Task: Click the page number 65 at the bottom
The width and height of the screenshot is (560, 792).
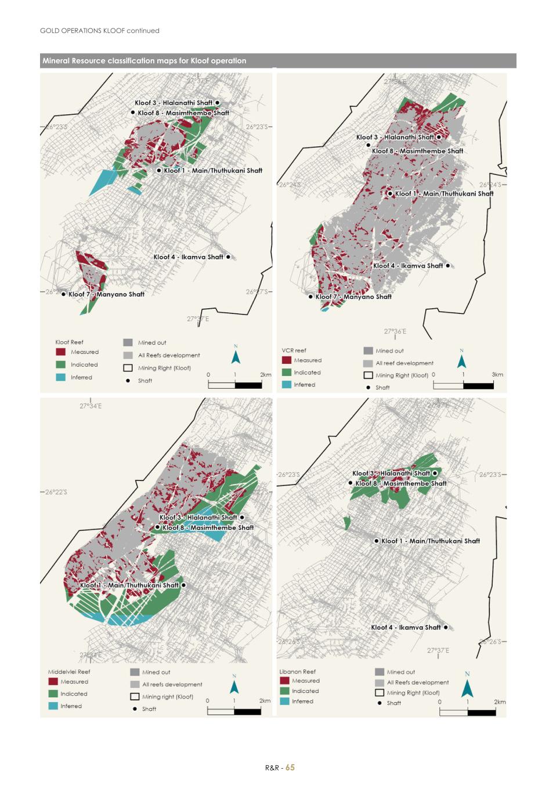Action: click(x=290, y=767)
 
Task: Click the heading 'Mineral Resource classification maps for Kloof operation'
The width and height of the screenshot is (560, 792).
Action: click(x=144, y=61)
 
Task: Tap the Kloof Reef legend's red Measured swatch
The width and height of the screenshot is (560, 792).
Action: click(x=61, y=352)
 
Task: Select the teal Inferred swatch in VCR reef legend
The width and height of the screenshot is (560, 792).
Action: click(x=286, y=385)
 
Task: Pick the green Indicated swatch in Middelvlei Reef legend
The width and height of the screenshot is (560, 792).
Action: click(x=53, y=694)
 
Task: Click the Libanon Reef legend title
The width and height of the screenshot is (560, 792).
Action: click(x=297, y=671)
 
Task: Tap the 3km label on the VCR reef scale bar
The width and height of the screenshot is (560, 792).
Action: click(x=497, y=375)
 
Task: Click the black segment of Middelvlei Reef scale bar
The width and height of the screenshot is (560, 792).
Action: click(x=247, y=712)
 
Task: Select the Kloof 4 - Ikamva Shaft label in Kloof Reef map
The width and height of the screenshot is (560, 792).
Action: click(x=188, y=257)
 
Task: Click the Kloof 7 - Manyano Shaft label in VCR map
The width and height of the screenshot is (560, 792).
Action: click(x=353, y=296)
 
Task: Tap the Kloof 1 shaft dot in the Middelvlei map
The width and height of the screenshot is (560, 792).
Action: click(x=183, y=585)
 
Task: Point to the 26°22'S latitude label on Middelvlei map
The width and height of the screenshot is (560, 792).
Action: click(x=56, y=492)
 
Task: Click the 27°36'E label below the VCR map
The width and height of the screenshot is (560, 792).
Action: click(x=395, y=331)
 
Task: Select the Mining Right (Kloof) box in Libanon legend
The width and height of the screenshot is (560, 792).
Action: click(x=380, y=692)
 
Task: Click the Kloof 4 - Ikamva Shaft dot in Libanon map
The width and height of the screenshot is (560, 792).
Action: click(x=446, y=627)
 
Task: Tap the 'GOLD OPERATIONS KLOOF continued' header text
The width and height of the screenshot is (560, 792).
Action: click(x=100, y=31)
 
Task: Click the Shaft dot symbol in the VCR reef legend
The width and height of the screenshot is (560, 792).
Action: click(x=368, y=388)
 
